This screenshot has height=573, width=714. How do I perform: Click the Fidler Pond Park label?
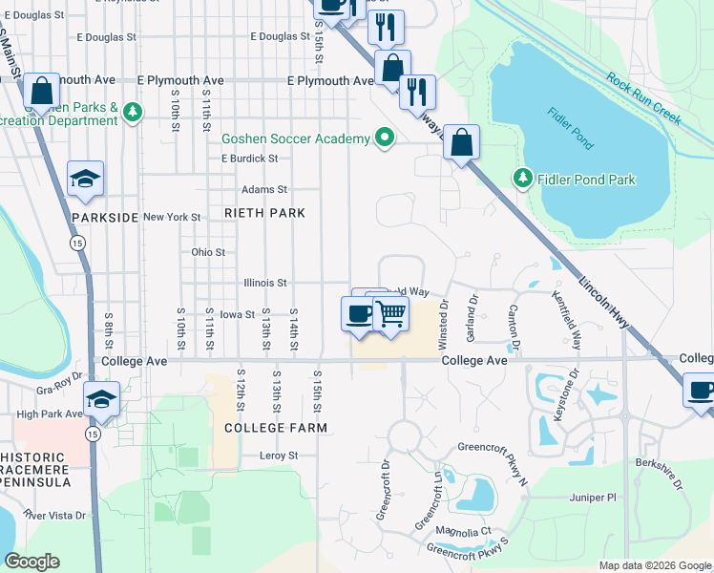(586, 180)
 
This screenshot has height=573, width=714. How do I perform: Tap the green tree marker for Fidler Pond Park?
(522, 178)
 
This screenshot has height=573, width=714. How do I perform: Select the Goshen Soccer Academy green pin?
(385, 138)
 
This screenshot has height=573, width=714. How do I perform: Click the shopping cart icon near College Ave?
(390, 312)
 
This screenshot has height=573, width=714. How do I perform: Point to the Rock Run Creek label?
(643, 99)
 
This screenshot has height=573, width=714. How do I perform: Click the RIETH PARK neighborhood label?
(264, 213)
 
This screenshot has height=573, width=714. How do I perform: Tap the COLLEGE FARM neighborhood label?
(276, 428)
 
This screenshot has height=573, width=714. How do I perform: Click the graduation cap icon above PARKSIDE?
(85, 179)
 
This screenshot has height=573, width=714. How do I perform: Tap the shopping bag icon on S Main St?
(41, 92)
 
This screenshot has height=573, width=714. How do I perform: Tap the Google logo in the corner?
(31, 562)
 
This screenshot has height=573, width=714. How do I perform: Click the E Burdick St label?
(249, 159)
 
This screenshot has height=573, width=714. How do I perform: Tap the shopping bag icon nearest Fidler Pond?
(461, 143)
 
